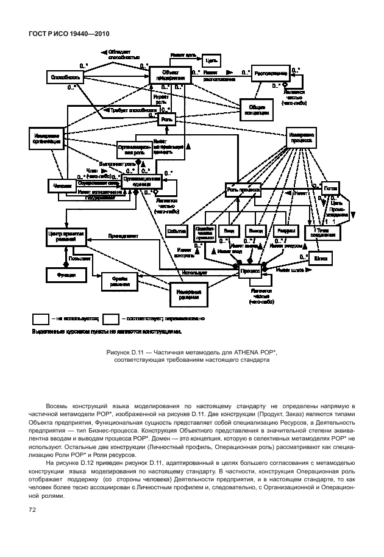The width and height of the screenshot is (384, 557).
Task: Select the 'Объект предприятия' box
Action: (x=166, y=75)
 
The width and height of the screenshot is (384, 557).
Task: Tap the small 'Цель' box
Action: (x=211, y=60)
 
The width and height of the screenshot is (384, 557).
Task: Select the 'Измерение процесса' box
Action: (x=302, y=138)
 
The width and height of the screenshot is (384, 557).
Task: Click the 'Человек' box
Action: (x=60, y=184)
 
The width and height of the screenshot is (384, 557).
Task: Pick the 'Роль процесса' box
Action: (x=243, y=190)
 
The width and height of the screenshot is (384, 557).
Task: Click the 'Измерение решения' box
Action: (x=190, y=294)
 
